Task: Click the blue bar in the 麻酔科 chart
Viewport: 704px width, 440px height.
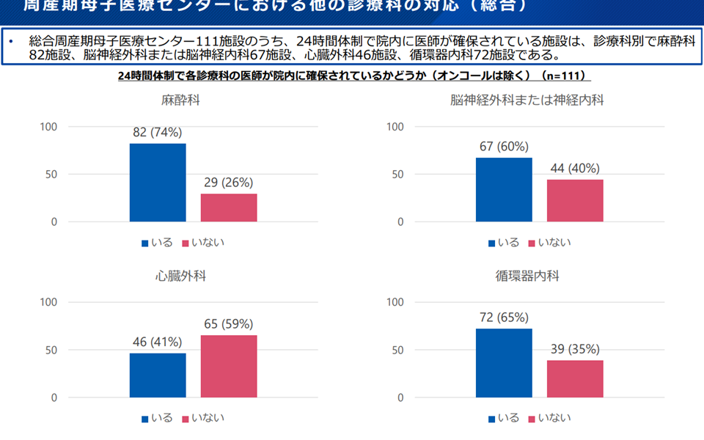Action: [158, 183]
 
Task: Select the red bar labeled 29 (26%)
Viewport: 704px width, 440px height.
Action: [229, 208]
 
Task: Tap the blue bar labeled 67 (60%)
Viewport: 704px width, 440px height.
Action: [504, 189]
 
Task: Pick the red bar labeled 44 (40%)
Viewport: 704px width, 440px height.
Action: [575, 200]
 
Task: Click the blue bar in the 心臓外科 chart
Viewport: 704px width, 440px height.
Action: [158, 375]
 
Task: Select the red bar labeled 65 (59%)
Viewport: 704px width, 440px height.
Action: [229, 366]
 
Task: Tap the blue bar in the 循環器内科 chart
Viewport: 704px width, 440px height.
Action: [504, 363]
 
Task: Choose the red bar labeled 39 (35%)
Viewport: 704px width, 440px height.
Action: [575, 379]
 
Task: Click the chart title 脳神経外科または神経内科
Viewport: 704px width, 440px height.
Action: [527, 100]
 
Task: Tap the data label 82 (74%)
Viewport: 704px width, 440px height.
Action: [158, 133]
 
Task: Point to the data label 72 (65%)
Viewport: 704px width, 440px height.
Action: [504, 318]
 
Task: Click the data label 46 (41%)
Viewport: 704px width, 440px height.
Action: [158, 342]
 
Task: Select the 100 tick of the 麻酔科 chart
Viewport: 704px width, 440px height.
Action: [48, 127]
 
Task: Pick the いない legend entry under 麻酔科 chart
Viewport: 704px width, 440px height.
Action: [208, 242]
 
